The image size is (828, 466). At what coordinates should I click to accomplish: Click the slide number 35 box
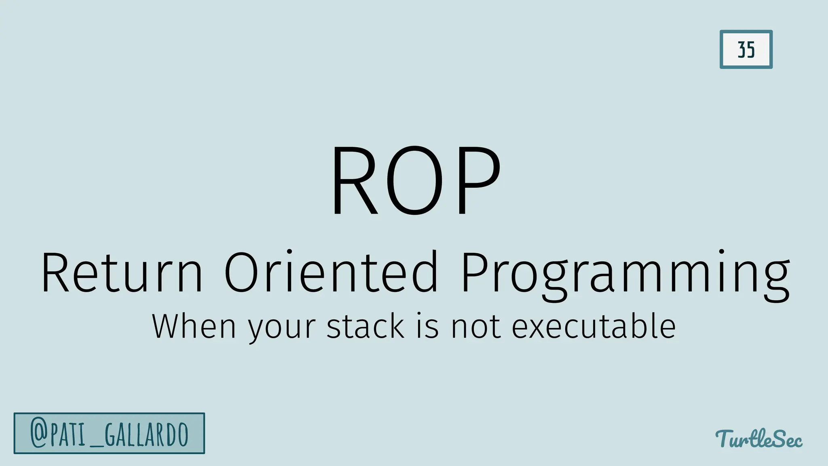coord(746,49)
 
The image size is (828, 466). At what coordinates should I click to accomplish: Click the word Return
coord(121,272)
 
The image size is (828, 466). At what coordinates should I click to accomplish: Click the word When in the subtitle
coord(194,326)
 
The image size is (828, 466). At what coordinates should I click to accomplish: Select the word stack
coord(365,326)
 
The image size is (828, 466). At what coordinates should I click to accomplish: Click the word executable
coord(594,326)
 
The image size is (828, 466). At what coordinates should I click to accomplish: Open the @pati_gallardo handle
coord(109,433)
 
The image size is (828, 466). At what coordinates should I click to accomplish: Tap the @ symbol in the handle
coord(39,433)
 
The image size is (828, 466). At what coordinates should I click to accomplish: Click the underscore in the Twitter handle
coord(95,445)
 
